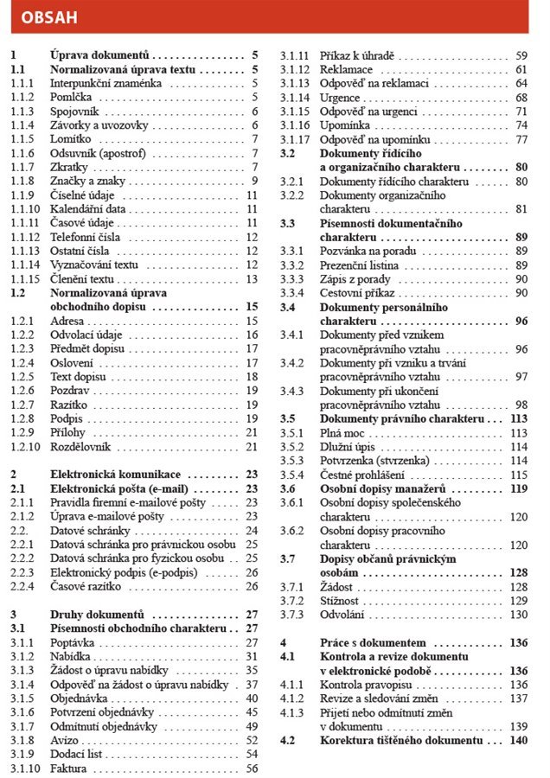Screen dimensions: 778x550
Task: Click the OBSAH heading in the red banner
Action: click(48, 16)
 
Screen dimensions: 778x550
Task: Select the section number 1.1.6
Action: click(22, 153)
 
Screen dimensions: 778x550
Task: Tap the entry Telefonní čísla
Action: click(86, 237)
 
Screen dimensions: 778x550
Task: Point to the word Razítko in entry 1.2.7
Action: click(70, 404)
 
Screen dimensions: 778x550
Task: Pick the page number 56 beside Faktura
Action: click(253, 768)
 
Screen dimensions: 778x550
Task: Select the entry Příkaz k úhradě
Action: click(357, 55)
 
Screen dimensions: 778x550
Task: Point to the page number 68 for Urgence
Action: click(521, 98)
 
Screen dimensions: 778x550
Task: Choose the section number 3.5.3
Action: click(292, 461)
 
